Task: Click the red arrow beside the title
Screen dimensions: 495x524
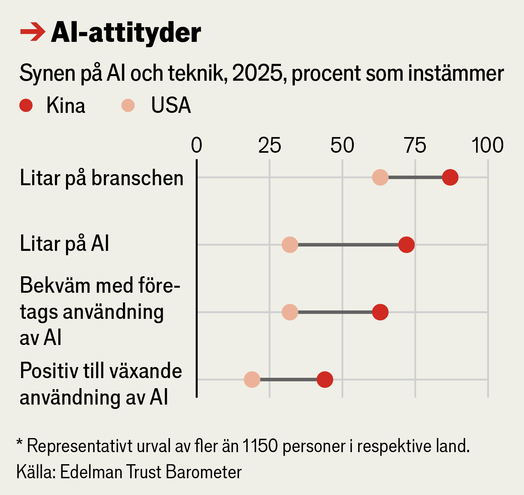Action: [32, 32]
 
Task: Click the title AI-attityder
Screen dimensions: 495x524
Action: [126, 33]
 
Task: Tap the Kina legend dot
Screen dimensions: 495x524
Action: [26, 105]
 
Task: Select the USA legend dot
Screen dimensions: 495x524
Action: [128, 105]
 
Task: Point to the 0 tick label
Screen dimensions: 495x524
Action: [197, 145]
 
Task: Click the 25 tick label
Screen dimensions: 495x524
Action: [269, 145]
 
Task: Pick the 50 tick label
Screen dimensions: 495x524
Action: [342, 145]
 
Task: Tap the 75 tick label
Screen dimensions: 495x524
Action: [415, 145]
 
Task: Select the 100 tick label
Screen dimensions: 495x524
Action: [487, 145]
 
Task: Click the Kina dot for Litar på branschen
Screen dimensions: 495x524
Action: [450, 177]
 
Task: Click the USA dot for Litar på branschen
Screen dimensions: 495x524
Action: [380, 177]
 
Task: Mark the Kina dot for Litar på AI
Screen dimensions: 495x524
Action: [406, 245]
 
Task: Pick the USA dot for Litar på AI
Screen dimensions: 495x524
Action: [290, 245]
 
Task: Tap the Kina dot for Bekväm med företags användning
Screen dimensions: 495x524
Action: [380, 312]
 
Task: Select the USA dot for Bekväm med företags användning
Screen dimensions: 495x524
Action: [290, 312]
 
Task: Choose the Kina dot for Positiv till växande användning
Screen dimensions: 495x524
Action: [325, 379]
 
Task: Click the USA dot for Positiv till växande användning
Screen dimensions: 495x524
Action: [252, 379]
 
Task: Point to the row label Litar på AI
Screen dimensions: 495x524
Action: [64, 243]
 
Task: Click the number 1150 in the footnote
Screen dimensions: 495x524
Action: [260, 446]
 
